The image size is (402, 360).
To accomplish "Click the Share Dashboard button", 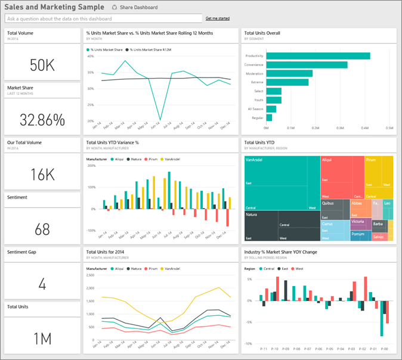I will point(135,8).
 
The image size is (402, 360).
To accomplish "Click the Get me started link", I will point(217,19).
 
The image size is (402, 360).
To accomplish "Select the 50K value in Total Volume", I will point(42,65).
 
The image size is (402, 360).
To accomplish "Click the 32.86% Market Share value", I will point(42,119).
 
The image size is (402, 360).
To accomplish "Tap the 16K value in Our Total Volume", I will point(42,174).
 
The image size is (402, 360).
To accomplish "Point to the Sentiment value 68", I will point(42,229).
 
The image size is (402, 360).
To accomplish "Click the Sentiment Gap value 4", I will point(42,284).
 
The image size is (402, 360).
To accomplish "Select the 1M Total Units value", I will point(42,339).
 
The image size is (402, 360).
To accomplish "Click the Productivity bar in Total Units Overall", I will point(318,56).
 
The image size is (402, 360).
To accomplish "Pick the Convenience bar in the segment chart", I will point(307,65).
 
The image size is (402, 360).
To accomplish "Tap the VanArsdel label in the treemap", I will point(255,160).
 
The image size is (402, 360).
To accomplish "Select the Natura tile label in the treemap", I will point(252,214).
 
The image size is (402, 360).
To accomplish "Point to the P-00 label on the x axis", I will point(384,347).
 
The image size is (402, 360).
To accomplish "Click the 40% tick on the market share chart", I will point(91,57).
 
